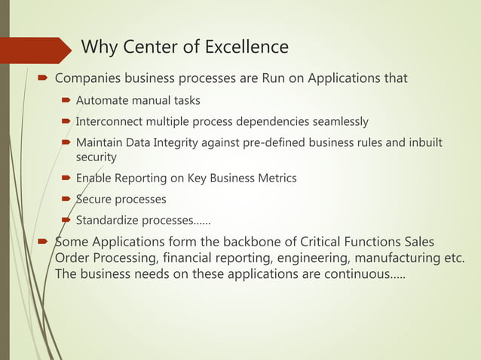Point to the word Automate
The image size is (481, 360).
click(103, 100)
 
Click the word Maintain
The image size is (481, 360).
click(100, 142)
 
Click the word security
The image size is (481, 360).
click(96, 157)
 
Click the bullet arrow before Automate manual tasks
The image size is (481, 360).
click(67, 100)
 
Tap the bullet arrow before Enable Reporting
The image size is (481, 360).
click(67, 178)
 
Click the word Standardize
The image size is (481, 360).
click(108, 221)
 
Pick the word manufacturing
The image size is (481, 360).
click(395, 260)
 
